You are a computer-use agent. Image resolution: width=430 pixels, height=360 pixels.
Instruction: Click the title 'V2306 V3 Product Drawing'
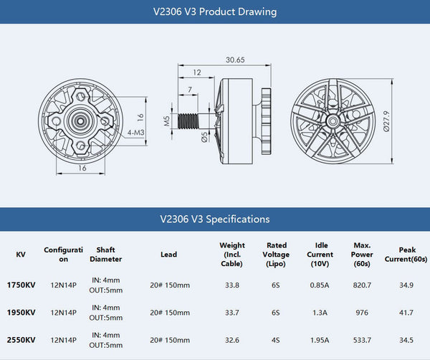tap(215, 11)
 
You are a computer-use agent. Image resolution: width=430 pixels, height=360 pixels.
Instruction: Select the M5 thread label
tap(166, 121)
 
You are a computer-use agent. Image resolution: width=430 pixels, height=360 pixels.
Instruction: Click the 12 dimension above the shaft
tap(197, 72)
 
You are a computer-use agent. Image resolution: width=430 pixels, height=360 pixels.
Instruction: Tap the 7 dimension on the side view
tap(189, 89)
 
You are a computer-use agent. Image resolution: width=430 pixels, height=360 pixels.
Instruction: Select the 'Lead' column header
tap(168, 254)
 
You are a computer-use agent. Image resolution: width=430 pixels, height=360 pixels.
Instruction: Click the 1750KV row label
tap(21, 285)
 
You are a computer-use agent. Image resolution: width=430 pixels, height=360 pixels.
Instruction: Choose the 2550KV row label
tap(21, 340)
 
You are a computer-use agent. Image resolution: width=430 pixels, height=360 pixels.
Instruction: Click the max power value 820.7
tap(362, 285)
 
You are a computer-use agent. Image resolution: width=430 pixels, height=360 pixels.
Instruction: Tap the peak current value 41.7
tap(406, 313)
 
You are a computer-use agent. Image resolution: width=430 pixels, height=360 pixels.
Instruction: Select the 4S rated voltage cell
tap(276, 340)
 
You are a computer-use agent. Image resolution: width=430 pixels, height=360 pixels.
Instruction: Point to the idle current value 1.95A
tap(320, 340)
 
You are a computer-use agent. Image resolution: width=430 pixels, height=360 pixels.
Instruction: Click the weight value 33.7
tap(231, 313)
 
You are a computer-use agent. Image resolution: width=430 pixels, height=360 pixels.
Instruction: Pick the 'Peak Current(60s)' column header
tap(406, 254)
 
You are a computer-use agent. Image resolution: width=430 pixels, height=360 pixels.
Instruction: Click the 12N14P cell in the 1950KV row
tap(64, 313)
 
